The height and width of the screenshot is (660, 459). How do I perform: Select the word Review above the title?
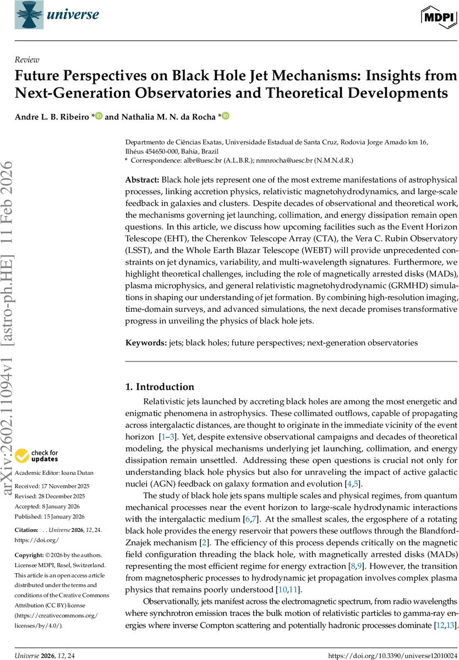pos(27,60)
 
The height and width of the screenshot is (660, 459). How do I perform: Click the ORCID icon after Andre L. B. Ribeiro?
pos(99,116)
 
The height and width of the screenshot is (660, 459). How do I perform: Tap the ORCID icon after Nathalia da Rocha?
pos(226,116)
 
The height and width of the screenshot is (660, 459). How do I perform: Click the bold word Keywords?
pos(146,343)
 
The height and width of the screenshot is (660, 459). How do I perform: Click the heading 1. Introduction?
pos(160,387)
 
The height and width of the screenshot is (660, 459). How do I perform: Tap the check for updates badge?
pos(37,456)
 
